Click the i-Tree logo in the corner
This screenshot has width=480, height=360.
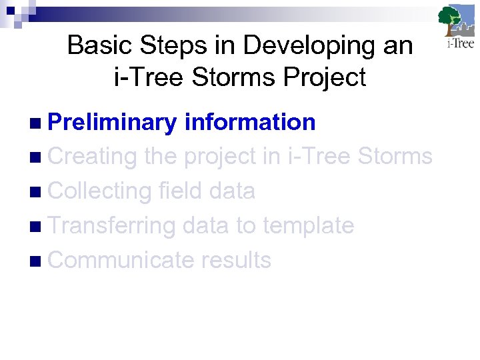point(456,27)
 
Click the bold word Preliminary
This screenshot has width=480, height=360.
point(112,122)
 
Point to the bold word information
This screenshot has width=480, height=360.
point(249,122)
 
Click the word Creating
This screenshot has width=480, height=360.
point(93,157)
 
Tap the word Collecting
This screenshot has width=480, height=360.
point(100,191)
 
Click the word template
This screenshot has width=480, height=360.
point(308,226)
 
